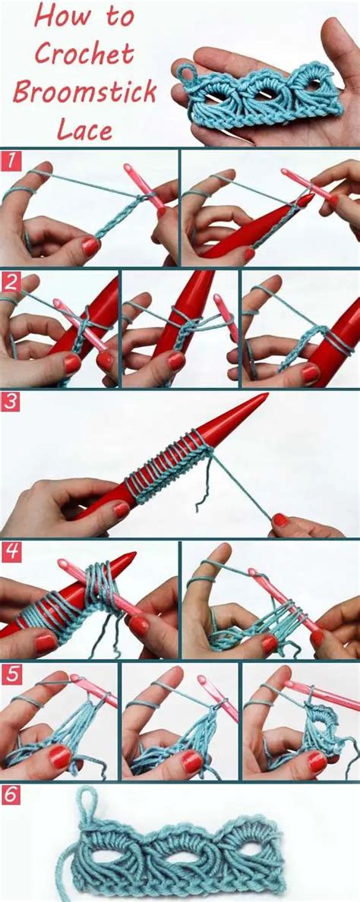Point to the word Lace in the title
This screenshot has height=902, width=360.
(x=84, y=129)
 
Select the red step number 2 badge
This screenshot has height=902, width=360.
(x=10, y=281)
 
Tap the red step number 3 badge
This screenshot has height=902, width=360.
(x=10, y=402)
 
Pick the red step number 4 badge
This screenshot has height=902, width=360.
(x=10, y=551)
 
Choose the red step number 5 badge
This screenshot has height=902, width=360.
(x=10, y=673)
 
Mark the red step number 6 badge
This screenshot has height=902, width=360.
(x=10, y=794)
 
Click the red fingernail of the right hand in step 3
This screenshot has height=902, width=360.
(x=280, y=519)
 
